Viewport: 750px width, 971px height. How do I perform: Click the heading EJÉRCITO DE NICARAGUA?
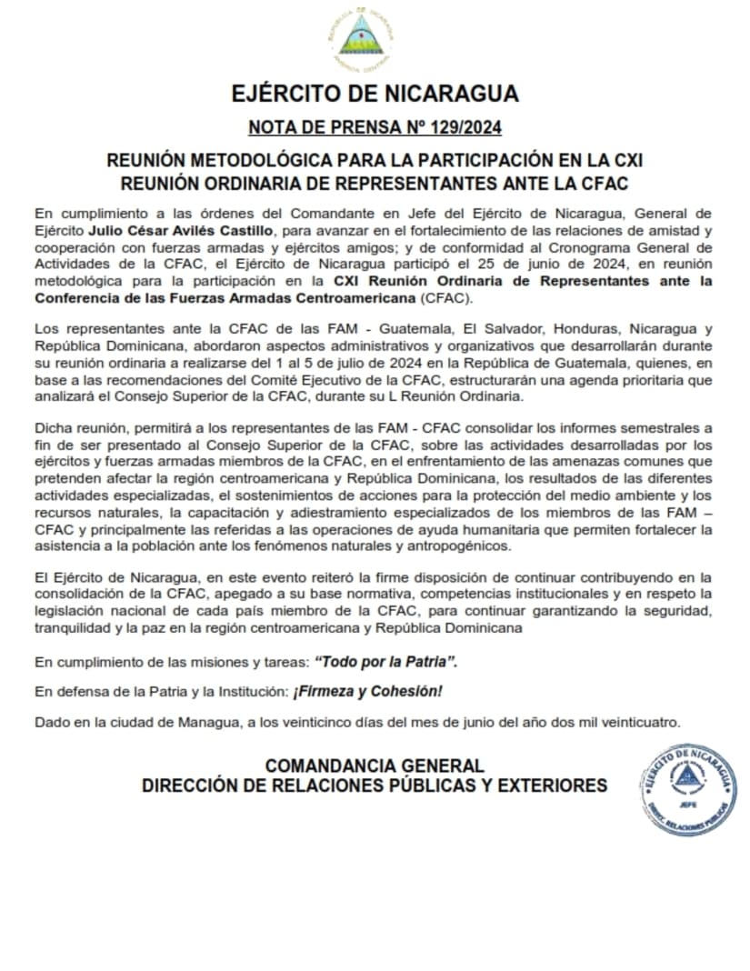coord(375,94)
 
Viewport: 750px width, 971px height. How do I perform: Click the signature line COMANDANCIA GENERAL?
coord(375,766)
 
